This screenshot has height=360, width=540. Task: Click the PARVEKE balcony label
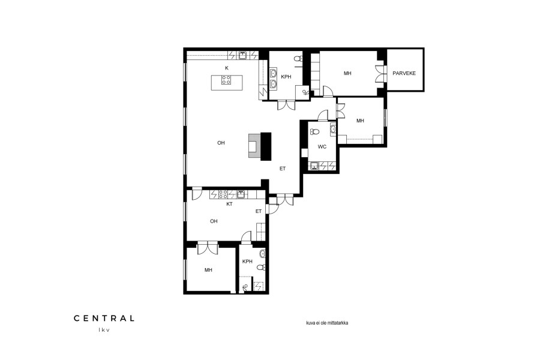404,73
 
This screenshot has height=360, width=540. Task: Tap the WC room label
322,147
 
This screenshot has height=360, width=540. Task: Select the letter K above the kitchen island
227,68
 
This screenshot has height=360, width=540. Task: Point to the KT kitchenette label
229,204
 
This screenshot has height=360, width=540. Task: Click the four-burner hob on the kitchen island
226,80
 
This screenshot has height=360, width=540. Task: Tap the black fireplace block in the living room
266,146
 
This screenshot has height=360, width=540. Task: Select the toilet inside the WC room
314,131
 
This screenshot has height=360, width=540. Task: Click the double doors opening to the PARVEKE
380,73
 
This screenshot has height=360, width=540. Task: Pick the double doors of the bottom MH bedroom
208,248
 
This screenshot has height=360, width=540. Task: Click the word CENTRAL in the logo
104,319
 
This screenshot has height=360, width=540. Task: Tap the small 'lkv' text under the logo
104,329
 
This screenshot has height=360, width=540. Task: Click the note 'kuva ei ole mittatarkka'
327,323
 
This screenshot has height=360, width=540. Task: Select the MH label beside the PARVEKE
347,73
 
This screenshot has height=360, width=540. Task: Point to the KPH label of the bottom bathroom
247,262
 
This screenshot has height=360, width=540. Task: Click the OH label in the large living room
221,143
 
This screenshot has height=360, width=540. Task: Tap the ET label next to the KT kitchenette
258,211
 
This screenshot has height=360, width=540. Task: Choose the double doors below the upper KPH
286,105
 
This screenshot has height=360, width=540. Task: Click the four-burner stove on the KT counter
223,194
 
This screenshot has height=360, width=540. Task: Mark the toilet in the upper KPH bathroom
298,58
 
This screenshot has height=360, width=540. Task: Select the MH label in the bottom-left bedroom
208,270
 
